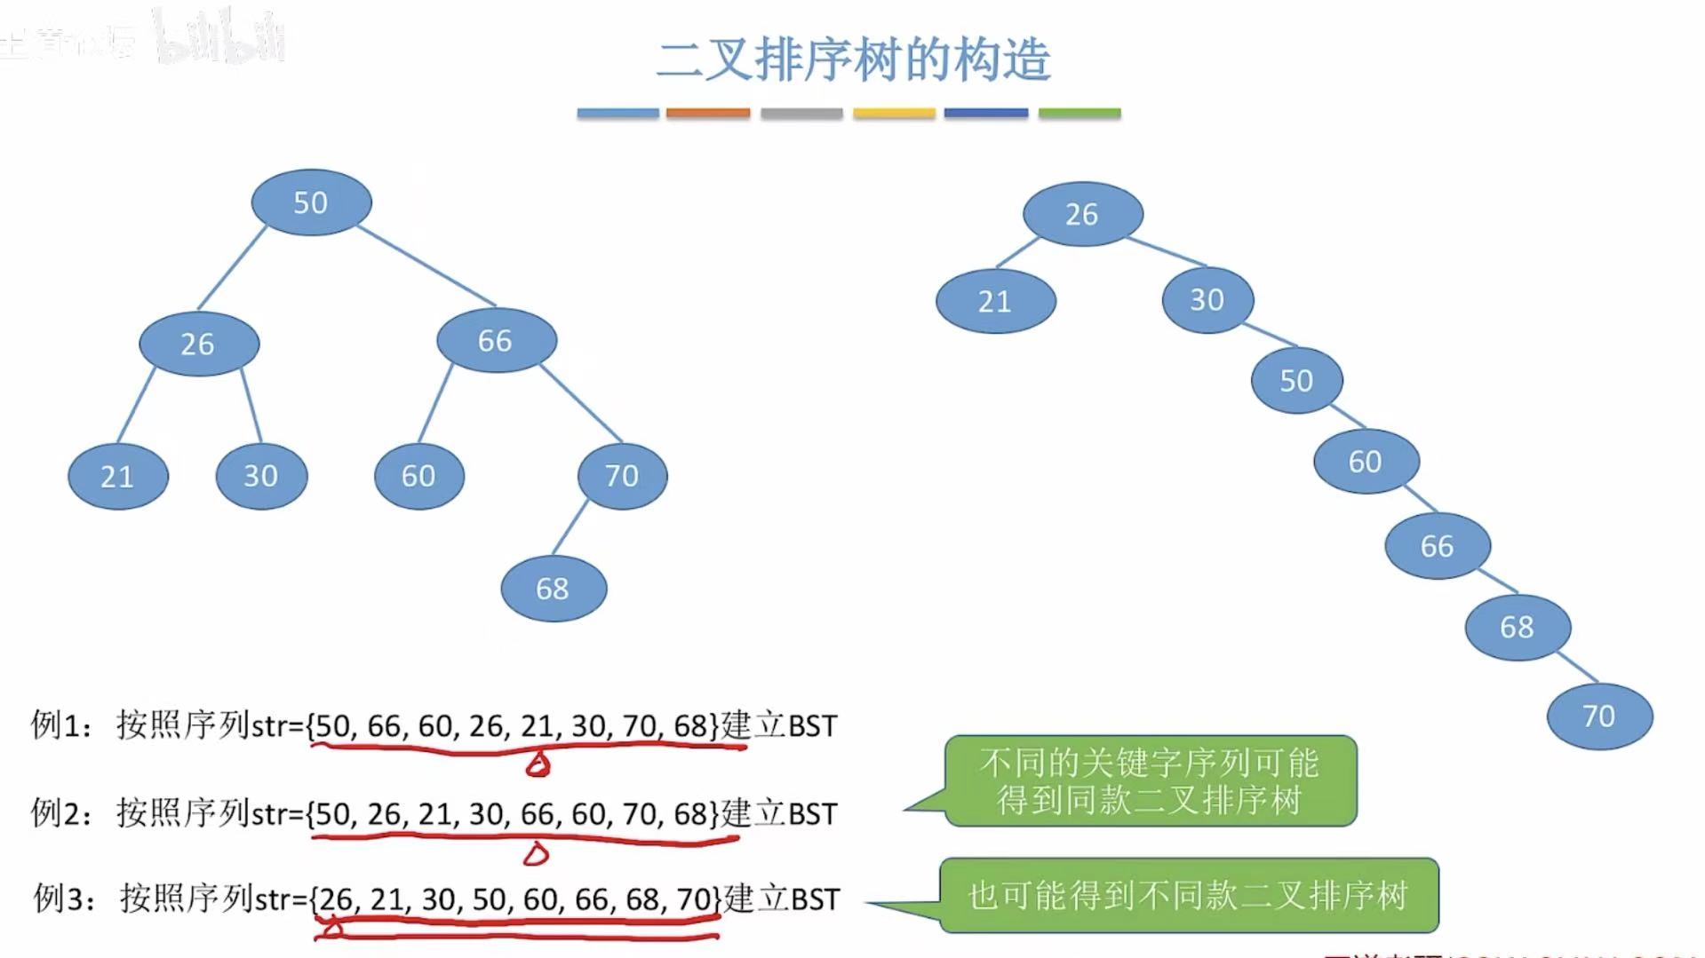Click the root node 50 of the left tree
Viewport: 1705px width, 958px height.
[311, 202]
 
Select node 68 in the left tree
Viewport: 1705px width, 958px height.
[554, 588]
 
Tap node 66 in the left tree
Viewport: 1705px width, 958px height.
[496, 340]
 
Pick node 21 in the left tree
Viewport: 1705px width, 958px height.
[117, 477]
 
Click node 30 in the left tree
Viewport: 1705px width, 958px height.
[261, 476]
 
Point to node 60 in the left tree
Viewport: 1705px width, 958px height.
[418, 476]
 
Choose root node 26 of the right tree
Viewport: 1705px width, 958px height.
[1082, 214]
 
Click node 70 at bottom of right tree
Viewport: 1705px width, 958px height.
[1599, 716]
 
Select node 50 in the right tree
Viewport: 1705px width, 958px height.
[1296, 380]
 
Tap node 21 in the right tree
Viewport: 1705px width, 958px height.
[995, 302]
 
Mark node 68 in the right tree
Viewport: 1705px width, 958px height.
[1518, 627]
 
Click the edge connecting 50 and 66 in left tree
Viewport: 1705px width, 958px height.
[426, 265]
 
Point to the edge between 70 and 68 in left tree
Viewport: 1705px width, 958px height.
[570, 527]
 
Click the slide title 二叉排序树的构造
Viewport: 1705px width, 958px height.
[853, 59]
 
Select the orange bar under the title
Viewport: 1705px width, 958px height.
[708, 114]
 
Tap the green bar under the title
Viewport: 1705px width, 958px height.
[1080, 114]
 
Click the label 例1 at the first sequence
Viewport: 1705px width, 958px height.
[59, 725]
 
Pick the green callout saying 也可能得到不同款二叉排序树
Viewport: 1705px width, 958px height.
[1189, 895]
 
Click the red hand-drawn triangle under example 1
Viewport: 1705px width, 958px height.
[538, 764]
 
